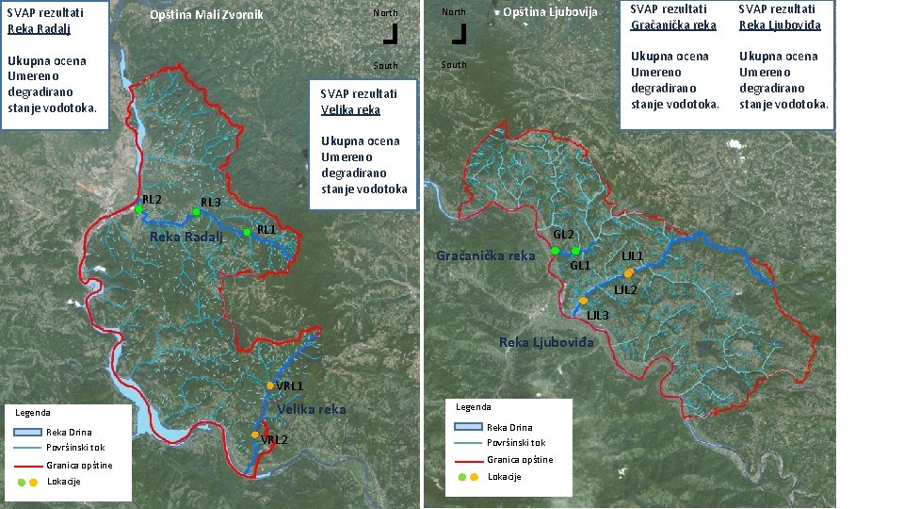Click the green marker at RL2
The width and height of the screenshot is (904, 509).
(x=137, y=209)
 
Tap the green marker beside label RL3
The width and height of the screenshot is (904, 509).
(x=196, y=212)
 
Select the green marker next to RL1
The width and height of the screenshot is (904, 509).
(x=247, y=232)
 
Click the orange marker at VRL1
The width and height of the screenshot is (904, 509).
(x=270, y=386)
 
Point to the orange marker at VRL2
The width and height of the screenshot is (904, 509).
(x=254, y=435)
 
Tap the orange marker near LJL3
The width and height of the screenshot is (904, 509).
(x=583, y=301)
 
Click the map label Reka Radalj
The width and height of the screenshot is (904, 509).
(x=186, y=237)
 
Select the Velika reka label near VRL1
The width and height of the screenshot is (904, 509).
(x=312, y=409)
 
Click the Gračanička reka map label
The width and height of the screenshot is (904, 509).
(x=486, y=255)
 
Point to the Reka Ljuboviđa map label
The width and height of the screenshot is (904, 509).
(x=546, y=342)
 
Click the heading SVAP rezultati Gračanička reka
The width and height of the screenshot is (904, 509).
(x=673, y=18)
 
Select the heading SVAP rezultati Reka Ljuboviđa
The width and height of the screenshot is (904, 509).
(x=781, y=18)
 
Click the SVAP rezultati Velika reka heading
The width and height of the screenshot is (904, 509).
(x=359, y=102)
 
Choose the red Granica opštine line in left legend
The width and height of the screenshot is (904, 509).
(x=25, y=466)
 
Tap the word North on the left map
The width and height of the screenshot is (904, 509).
(x=385, y=13)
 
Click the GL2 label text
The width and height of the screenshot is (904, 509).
(x=563, y=234)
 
